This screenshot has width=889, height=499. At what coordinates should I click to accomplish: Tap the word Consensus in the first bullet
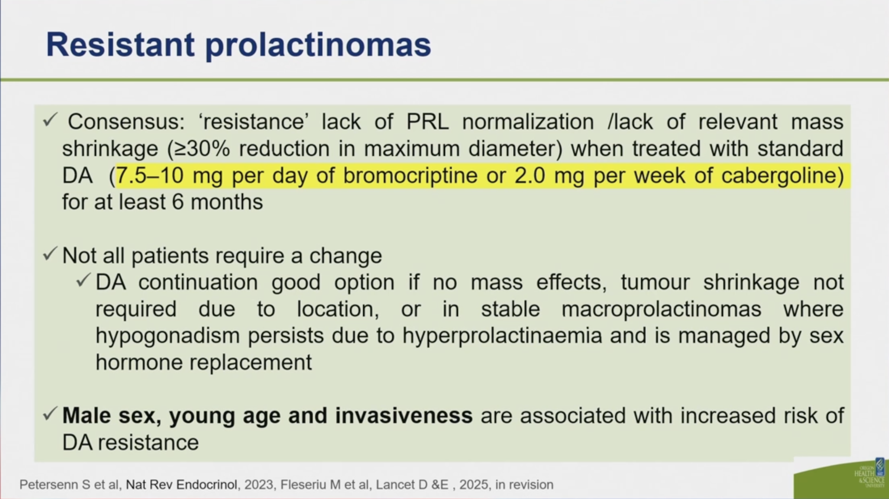(x=126, y=121)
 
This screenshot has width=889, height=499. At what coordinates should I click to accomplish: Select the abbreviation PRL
(x=428, y=121)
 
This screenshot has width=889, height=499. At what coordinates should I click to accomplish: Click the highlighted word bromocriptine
(x=410, y=175)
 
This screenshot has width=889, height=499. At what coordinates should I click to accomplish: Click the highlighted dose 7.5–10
(x=150, y=175)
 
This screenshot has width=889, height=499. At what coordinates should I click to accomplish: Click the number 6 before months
(x=178, y=202)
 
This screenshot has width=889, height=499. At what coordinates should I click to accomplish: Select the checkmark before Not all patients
(x=50, y=254)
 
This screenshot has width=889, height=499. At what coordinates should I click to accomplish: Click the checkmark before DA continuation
(x=83, y=280)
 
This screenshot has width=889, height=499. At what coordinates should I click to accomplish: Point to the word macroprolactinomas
(x=661, y=309)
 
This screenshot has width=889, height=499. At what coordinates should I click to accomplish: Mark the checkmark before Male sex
(x=50, y=414)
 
